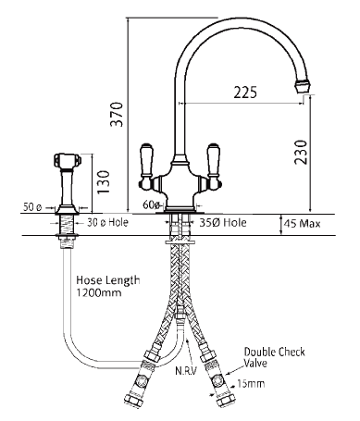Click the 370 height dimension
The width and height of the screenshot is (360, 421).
click(x=117, y=114)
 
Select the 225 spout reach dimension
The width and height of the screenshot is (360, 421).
click(x=245, y=93)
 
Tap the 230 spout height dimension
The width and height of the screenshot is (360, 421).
click(x=301, y=152)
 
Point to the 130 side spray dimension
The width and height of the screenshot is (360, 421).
click(x=104, y=182)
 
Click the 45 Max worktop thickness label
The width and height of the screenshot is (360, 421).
click(x=302, y=223)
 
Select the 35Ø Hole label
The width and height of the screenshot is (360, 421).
click(x=223, y=222)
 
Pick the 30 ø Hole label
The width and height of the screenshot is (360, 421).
click(x=107, y=222)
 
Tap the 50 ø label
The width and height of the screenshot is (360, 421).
click(x=32, y=207)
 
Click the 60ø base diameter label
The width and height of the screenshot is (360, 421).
click(x=152, y=204)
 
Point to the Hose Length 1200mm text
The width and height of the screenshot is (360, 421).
click(x=108, y=286)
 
